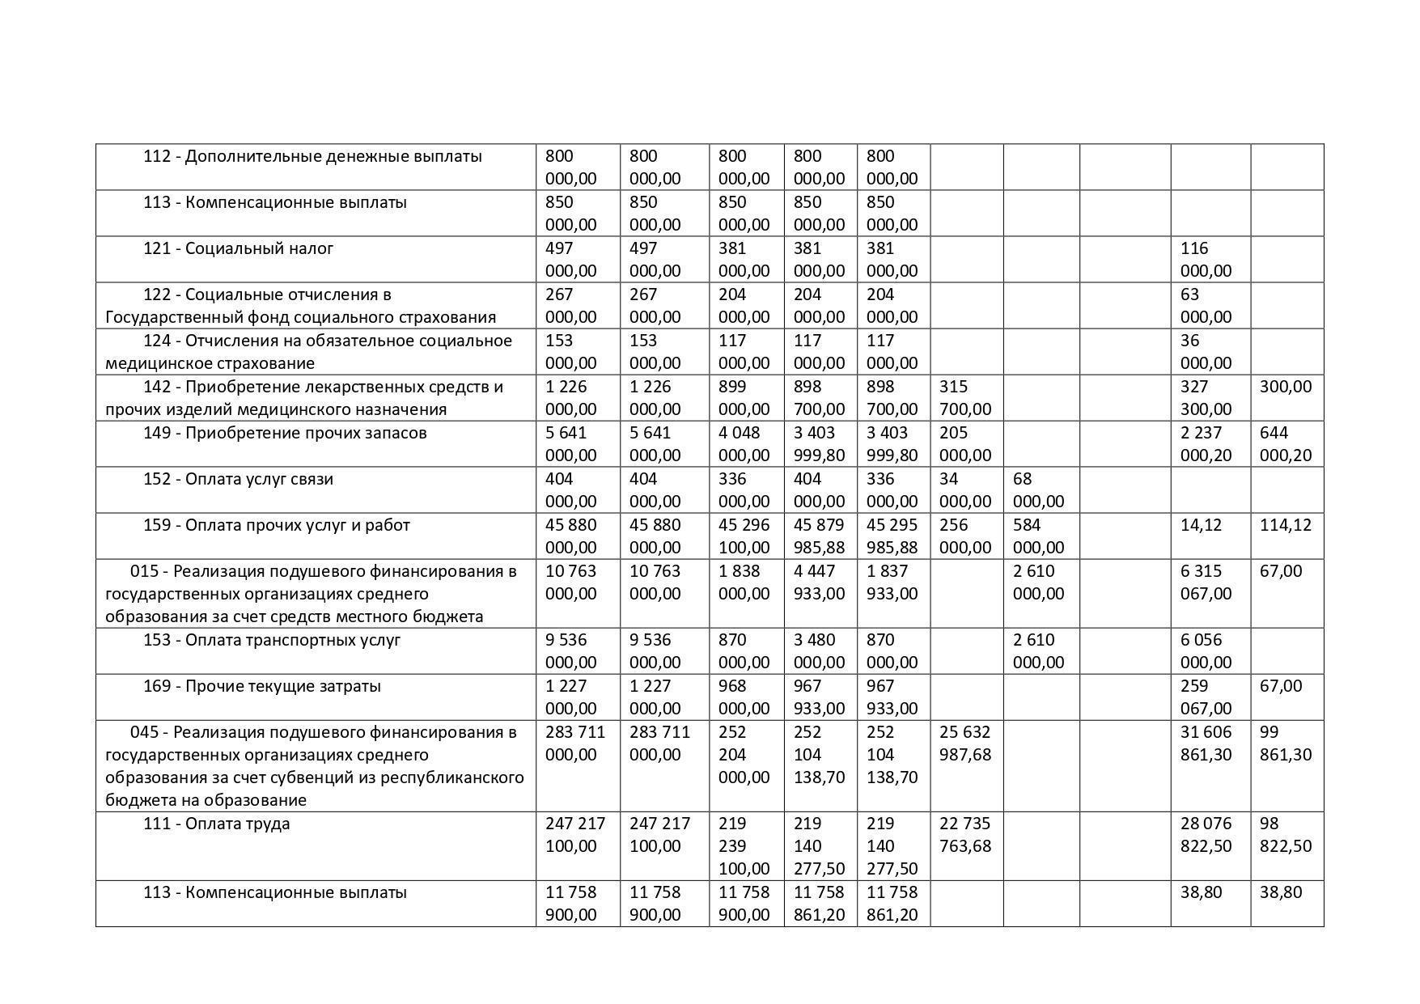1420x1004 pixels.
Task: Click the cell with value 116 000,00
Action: (x=1206, y=259)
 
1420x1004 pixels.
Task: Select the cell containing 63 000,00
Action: (x=1206, y=305)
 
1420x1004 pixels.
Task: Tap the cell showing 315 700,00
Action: (x=964, y=397)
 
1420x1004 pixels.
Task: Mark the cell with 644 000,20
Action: (x=1286, y=443)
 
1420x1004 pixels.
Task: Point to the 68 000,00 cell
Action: (x=1038, y=489)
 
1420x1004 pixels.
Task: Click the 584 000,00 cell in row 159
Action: (x=1038, y=536)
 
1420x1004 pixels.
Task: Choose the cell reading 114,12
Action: (x=1284, y=525)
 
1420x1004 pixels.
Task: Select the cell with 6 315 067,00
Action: (x=1206, y=582)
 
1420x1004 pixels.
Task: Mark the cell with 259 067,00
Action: (x=1206, y=697)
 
